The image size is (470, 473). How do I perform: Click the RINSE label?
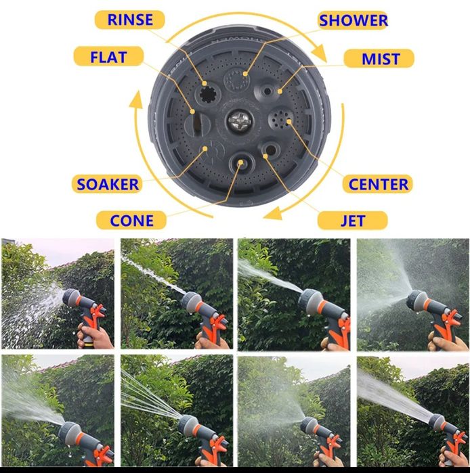point(130,20)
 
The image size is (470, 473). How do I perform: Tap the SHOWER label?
point(353,20)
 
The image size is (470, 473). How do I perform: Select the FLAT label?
point(108,56)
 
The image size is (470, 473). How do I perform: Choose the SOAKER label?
point(107,184)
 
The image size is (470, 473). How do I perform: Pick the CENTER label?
point(378,184)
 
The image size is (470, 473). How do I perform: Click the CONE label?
point(131,220)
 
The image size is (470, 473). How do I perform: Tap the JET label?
point(353,221)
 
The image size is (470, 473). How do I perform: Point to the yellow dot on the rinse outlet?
point(205,83)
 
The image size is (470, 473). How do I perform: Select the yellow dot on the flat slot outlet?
point(192,112)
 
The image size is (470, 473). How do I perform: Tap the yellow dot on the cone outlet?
point(240,162)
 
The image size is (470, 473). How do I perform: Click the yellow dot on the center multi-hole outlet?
point(289,122)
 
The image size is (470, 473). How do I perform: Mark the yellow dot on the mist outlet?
point(280,91)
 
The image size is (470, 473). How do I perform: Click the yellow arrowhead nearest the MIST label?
point(320,53)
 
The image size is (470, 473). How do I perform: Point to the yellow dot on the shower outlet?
point(245,74)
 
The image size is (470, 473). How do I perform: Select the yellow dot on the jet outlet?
point(265,156)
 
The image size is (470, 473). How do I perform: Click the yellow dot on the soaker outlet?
point(205,148)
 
